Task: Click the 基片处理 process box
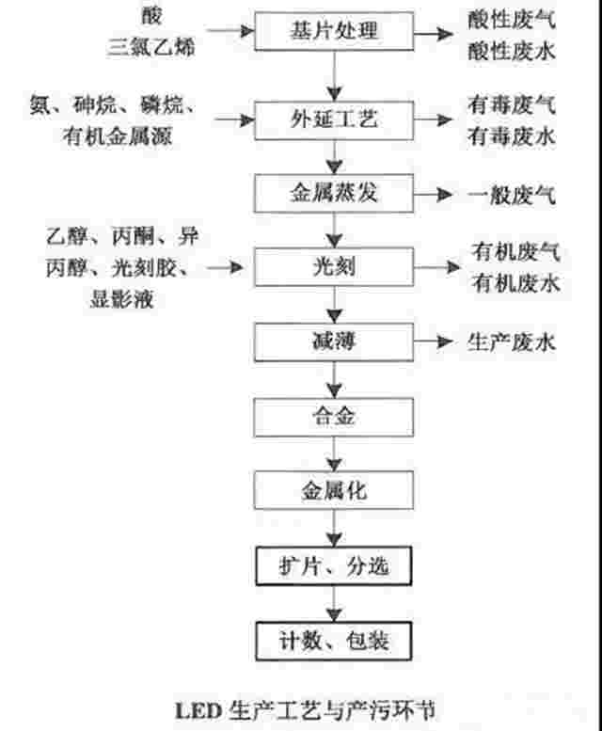pyautogui.click(x=334, y=31)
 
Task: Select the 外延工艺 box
pyautogui.click(x=334, y=120)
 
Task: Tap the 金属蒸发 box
pyautogui.click(x=334, y=194)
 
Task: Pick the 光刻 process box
pyautogui.click(x=334, y=267)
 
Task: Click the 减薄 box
pyautogui.click(x=334, y=342)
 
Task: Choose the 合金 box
pyautogui.click(x=334, y=417)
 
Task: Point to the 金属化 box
pyautogui.click(x=334, y=490)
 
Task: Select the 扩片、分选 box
pyautogui.click(x=334, y=565)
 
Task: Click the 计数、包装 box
pyautogui.click(x=334, y=641)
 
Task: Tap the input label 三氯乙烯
pyautogui.click(x=150, y=48)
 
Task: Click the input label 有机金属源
pyautogui.click(x=117, y=136)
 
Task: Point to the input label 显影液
pyautogui.click(x=121, y=299)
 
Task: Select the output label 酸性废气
pyautogui.click(x=512, y=20)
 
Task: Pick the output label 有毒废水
pyautogui.click(x=512, y=136)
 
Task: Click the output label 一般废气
pyautogui.click(x=512, y=195)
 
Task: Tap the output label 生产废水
pyautogui.click(x=512, y=342)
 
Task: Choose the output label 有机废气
pyautogui.click(x=515, y=252)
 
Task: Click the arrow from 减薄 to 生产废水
pyautogui.click(x=434, y=342)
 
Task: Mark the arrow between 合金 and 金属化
pyautogui.click(x=334, y=453)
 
